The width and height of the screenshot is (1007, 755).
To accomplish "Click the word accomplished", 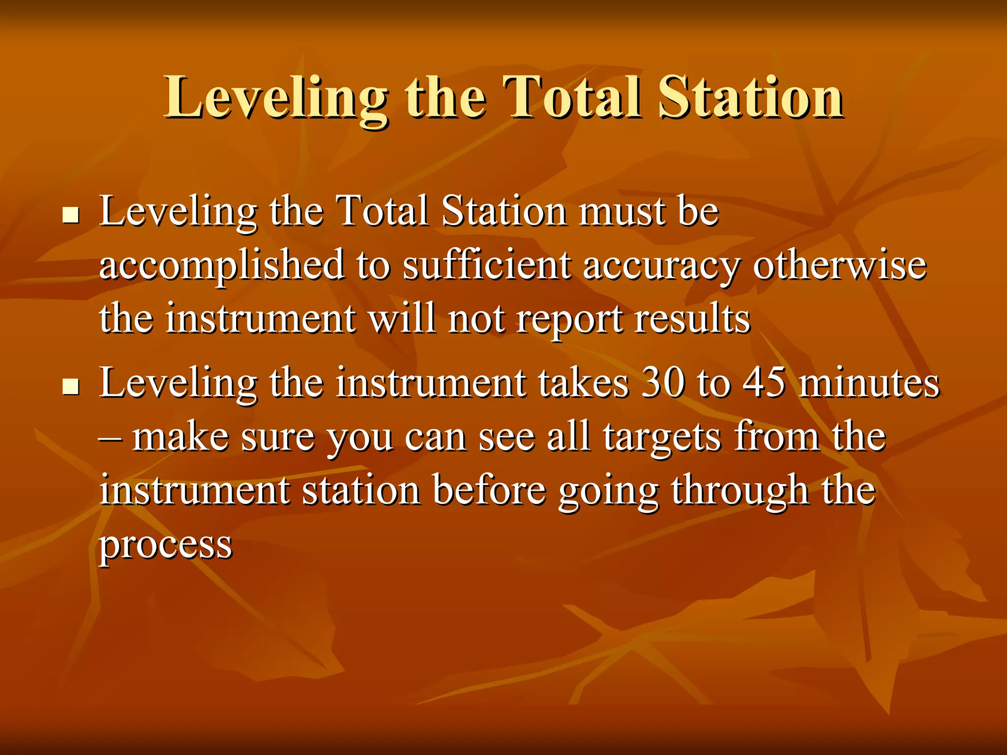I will pyautogui.click(x=221, y=265).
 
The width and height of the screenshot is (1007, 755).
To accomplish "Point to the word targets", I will pyautogui.click(x=662, y=437).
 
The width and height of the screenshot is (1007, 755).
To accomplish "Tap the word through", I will pyautogui.click(x=740, y=492).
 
